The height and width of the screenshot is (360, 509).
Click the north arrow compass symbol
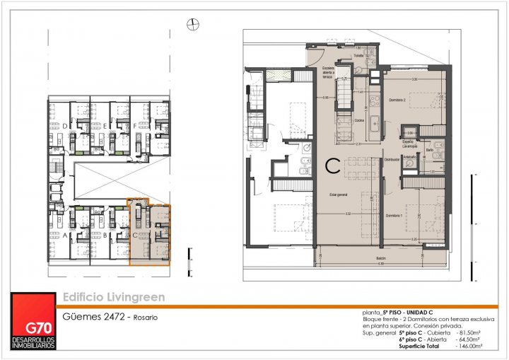tap(190, 25)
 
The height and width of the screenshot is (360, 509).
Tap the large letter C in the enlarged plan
tap(330, 168)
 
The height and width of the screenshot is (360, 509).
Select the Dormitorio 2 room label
tap(397, 100)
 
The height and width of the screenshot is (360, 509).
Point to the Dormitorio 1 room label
tap(394, 215)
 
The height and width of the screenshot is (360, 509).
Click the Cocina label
tap(358, 121)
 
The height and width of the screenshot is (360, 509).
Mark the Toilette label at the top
tap(358, 55)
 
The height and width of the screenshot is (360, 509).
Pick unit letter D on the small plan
tap(65, 127)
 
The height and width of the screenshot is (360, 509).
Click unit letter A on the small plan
tap(65, 234)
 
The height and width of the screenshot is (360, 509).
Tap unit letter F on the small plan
tap(134, 127)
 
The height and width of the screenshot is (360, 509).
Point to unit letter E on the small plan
tap(105, 127)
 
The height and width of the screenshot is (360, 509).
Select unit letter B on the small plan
tap(105, 234)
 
